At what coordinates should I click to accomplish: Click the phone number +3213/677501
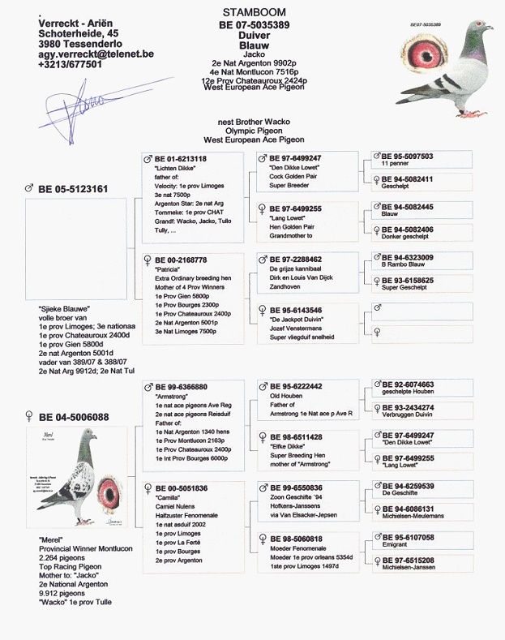pyautogui.click(x=70, y=64)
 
